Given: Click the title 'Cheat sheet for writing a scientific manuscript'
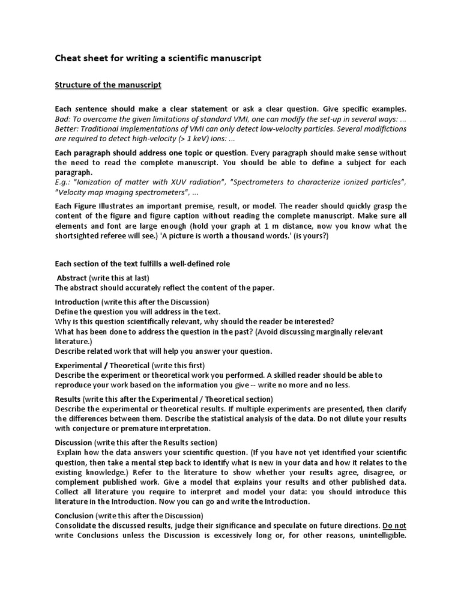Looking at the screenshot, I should (x=158, y=58).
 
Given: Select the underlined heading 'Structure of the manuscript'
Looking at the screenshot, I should (x=108, y=85).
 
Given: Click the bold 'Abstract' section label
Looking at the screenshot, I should (x=72, y=277).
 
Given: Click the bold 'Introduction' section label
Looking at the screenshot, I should (x=77, y=301).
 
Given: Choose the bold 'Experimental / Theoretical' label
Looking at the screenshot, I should (x=102, y=365).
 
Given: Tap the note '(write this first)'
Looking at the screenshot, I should (x=178, y=365).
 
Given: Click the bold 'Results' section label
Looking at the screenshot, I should (x=68, y=398).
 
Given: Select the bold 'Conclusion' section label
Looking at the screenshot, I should (x=74, y=515).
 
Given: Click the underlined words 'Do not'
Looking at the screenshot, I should (x=394, y=525).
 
